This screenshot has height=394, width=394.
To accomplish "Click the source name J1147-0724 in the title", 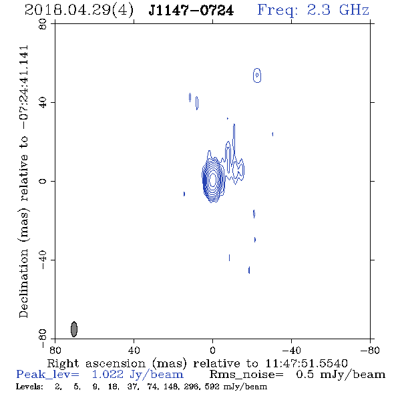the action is (191, 11).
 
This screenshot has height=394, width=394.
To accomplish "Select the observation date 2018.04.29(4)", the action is (79, 11).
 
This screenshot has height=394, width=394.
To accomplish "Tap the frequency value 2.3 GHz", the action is (338, 10).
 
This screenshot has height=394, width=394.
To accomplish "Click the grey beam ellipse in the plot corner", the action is (74, 329).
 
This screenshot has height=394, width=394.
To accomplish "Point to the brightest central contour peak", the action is (213, 180).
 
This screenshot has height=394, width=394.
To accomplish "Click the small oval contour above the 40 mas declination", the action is (257, 75).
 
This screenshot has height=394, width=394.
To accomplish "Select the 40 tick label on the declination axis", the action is (43, 103).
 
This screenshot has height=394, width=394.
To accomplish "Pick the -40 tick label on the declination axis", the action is (43, 260).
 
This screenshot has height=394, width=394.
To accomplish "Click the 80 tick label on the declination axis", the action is (43, 24).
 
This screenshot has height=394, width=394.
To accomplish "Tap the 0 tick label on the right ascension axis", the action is (212, 350).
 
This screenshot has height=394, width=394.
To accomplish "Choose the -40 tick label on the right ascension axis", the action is (291, 350).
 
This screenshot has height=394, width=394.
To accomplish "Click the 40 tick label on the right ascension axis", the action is (134, 350).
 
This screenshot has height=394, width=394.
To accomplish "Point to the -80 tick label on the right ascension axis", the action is (370, 350).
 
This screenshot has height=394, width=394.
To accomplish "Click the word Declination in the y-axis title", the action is (23, 284).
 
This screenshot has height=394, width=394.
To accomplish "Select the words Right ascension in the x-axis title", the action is (96, 363).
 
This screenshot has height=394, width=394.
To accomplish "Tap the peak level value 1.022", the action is (108, 375).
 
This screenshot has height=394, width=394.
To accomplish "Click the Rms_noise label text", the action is (246, 375).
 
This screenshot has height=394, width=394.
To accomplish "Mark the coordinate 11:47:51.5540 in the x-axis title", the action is (307, 363).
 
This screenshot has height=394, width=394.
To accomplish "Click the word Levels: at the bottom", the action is (29, 387).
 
